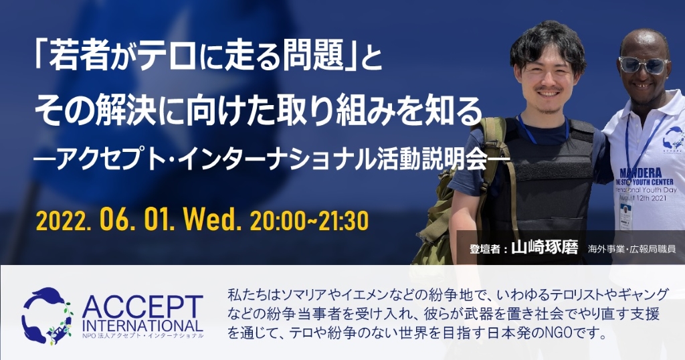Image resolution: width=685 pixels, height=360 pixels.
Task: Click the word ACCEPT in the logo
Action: pos(142,308)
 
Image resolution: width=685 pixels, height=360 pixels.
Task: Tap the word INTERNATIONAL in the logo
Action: pos(142,326)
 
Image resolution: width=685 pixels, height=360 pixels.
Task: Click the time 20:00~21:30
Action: pos(309,221)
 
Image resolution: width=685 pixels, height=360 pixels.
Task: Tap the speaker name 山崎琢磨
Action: pos(545,248)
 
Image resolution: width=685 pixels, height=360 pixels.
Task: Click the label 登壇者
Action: pos(484,249)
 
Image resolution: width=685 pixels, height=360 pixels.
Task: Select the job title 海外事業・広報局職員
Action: pos(631,249)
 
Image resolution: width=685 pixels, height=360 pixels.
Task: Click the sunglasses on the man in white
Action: pos(644,65)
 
